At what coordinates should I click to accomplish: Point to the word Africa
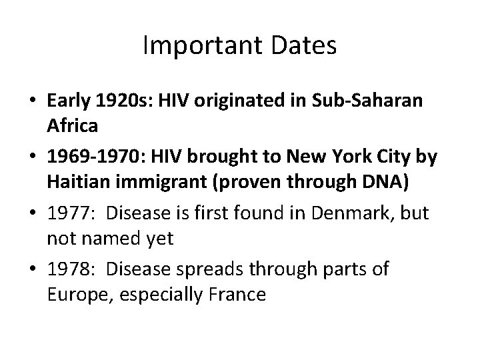(x=73, y=126)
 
